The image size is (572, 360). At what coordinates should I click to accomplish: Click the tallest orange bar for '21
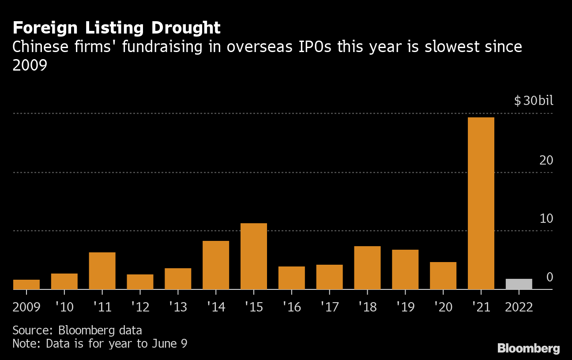tap(481, 203)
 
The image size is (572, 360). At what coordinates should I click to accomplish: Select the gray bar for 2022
tap(519, 284)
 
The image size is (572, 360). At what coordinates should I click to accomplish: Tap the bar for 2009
tap(26, 285)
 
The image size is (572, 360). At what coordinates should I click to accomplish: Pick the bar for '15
tap(254, 256)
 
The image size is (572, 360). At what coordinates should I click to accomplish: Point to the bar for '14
tap(216, 265)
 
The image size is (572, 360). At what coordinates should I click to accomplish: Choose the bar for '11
tap(102, 270)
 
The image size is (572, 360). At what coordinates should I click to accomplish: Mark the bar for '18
tap(367, 267)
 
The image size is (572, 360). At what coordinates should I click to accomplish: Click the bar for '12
tap(140, 281)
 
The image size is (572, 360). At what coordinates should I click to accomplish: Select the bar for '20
tap(443, 275)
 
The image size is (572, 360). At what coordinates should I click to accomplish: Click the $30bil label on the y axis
tap(533, 101)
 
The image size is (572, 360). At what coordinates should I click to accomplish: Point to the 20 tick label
tap(546, 160)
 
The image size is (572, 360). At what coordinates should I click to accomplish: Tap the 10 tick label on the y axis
tap(546, 219)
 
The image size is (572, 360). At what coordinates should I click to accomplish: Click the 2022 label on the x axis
tap(519, 307)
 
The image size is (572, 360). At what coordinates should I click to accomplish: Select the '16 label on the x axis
tap(291, 307)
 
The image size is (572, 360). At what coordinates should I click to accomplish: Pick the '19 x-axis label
tap(405, 307)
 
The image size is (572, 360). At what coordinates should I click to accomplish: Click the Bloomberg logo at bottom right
tap(528, 349)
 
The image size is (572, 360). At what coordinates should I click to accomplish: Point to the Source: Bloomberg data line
tap(77, 330)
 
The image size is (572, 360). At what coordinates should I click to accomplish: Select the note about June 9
tap(100, 344)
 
